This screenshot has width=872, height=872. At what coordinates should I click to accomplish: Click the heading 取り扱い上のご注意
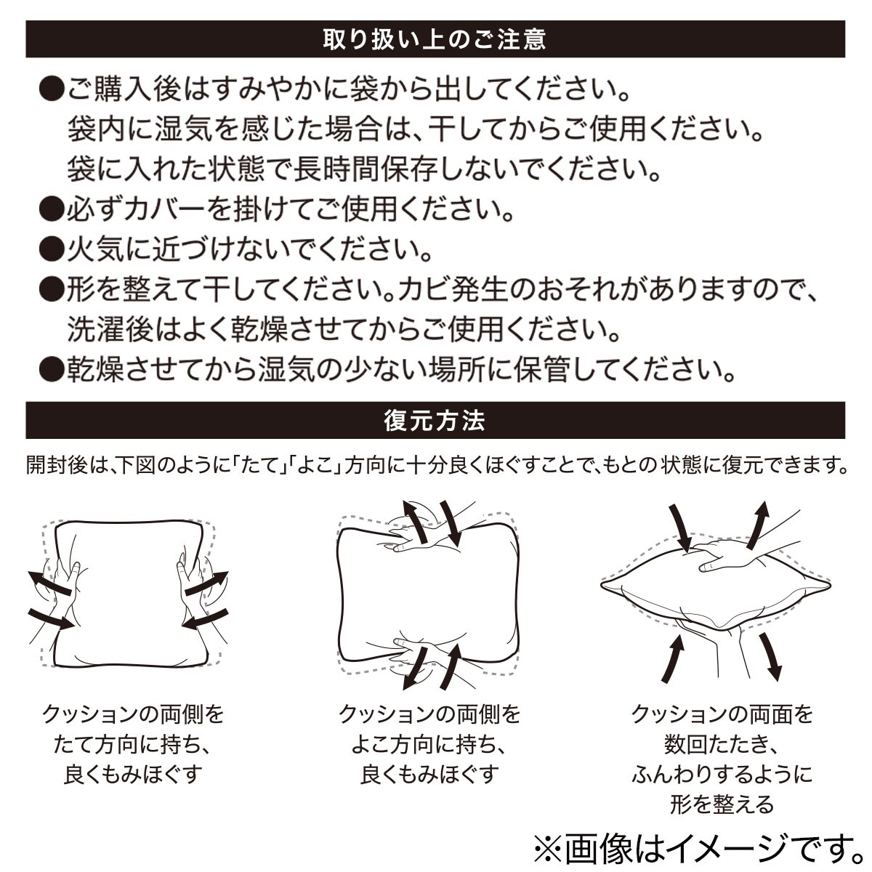pos(435,39)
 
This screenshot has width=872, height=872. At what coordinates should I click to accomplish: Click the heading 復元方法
pos(435,421)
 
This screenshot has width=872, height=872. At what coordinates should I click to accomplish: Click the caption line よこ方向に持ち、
pos(429,745)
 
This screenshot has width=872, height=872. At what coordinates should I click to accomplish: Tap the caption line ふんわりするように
pos(722,775)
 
